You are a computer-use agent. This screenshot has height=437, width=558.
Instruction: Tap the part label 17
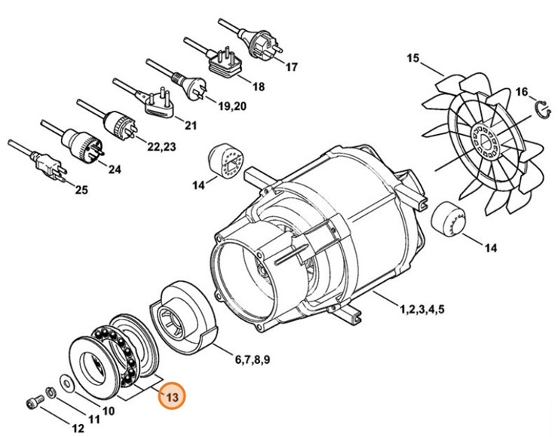click(x=291, y=67)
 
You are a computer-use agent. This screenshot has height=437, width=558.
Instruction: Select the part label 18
click(x=258, y=87)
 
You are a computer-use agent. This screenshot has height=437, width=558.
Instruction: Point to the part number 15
click(x=412, y=58)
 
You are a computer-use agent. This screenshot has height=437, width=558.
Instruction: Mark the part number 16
click(x=522, y=93)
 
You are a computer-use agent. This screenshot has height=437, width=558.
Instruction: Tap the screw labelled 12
click(x=34, y=403)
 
